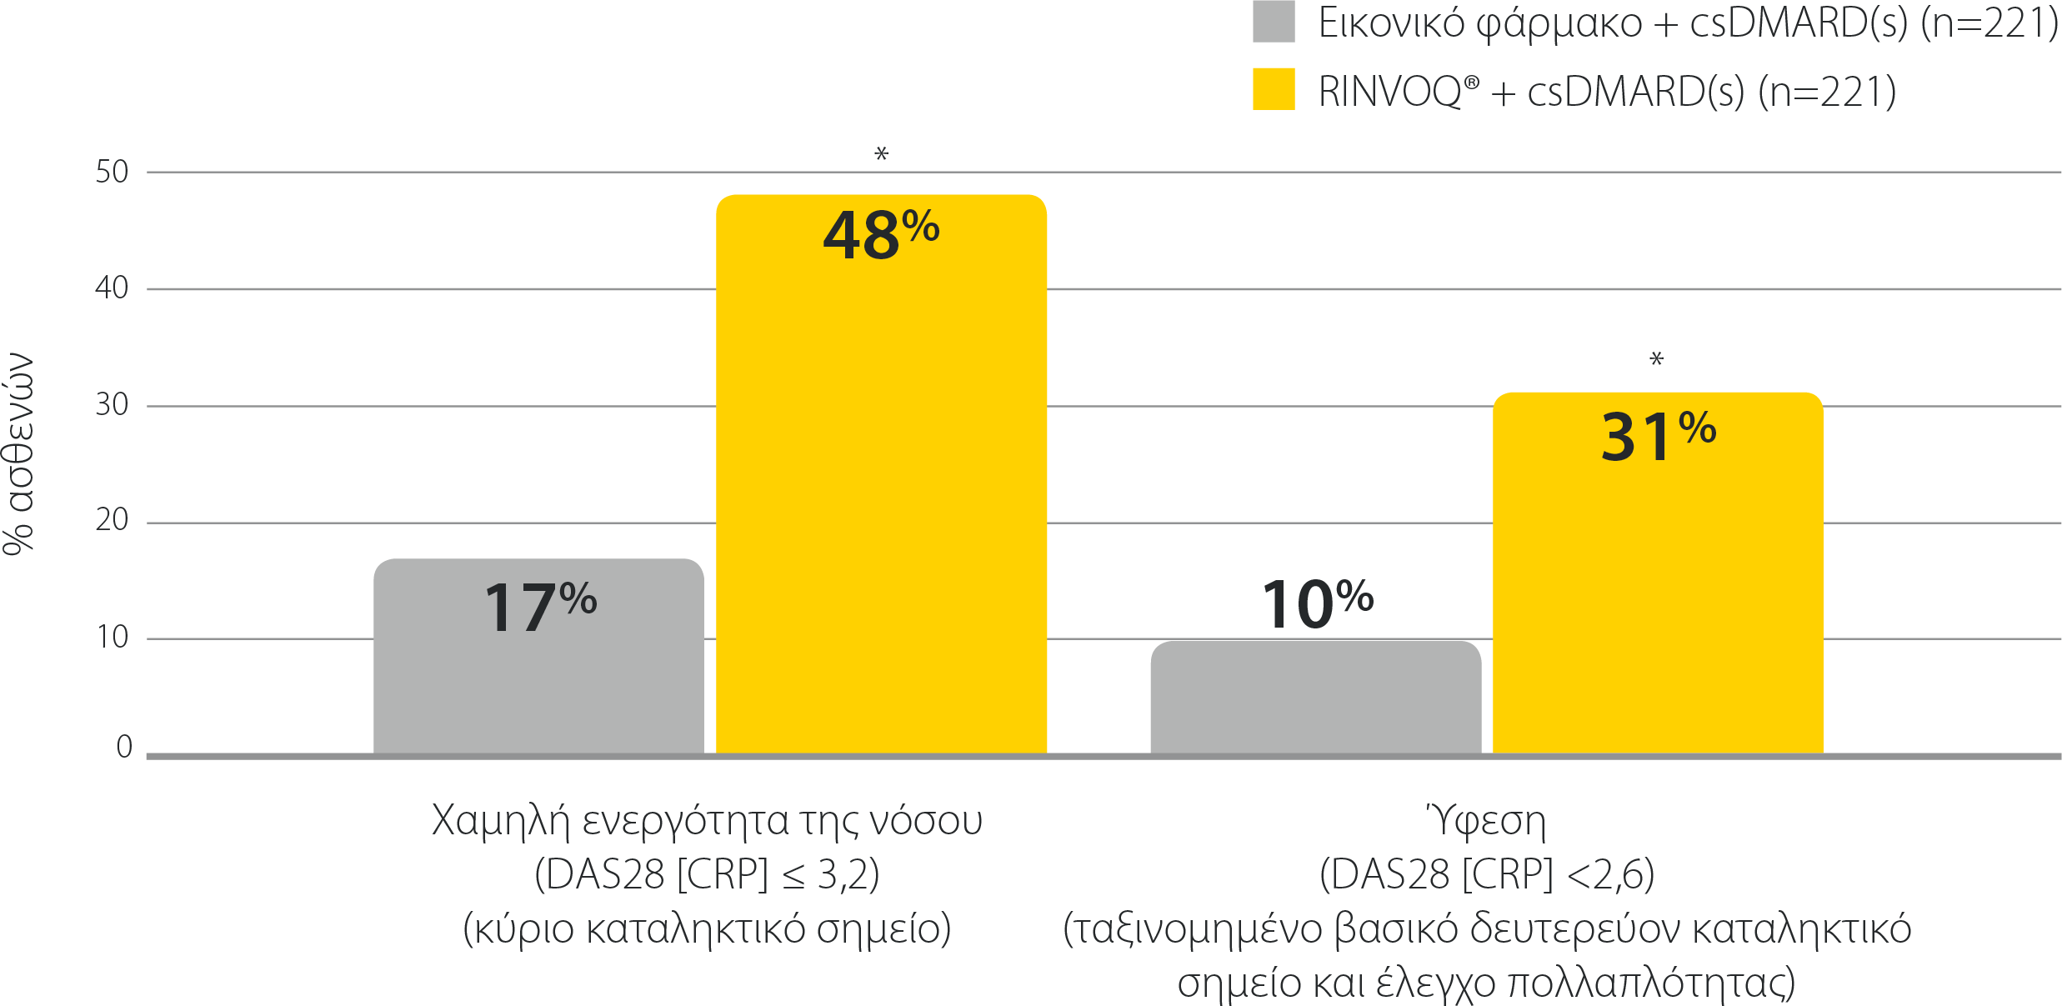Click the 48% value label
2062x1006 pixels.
881,234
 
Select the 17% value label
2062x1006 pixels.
540,606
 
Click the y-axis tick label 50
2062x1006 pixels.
112,172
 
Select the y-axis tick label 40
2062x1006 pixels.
112,288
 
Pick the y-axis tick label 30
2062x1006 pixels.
112,405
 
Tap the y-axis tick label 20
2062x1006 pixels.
112,520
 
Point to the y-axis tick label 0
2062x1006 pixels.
124,747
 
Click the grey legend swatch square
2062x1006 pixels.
1273,22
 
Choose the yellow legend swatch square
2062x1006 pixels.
1273,89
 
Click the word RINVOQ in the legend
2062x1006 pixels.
1389,92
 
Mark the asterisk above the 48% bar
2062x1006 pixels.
881,154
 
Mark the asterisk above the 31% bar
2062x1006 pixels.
1656,359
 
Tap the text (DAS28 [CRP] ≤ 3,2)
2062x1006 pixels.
707,874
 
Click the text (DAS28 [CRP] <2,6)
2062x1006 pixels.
1486,874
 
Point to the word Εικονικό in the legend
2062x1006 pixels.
1390,23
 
